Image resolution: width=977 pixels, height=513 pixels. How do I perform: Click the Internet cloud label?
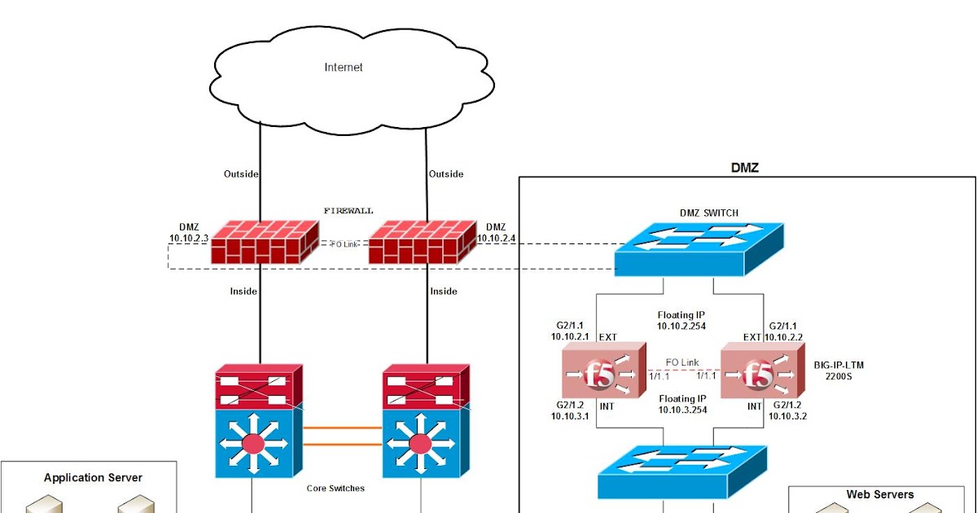(x=343, y=68)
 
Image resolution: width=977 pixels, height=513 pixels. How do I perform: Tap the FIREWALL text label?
(x=348, y=211)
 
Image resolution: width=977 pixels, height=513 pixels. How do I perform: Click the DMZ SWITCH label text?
(x=709, y=213)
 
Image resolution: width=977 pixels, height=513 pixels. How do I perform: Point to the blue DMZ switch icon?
(x=699, y=248)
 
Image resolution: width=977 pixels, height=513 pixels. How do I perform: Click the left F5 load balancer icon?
(x=601, y=374)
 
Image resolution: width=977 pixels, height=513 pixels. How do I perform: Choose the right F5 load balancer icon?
(x=760, y=374)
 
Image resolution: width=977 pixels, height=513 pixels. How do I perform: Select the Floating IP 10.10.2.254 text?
(x=682, y=320)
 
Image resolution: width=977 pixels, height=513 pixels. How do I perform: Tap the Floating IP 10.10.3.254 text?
(x=682, y=405)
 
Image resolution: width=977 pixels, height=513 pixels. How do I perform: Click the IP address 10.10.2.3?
(x=189, y=238)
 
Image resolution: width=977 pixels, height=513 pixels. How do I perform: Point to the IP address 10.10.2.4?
(x=496, y=238)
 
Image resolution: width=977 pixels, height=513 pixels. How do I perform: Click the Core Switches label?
(x=335, y=489)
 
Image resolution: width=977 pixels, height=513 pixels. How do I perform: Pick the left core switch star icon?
(x=253, y=445)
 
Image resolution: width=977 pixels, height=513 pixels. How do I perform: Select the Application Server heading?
(x=93, y=478)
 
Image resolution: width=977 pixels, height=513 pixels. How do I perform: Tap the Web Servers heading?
(x=879, y=494)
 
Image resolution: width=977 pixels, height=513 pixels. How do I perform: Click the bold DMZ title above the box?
(x=746, y=168)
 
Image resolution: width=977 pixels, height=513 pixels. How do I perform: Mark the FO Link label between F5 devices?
(x=682, y=362)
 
